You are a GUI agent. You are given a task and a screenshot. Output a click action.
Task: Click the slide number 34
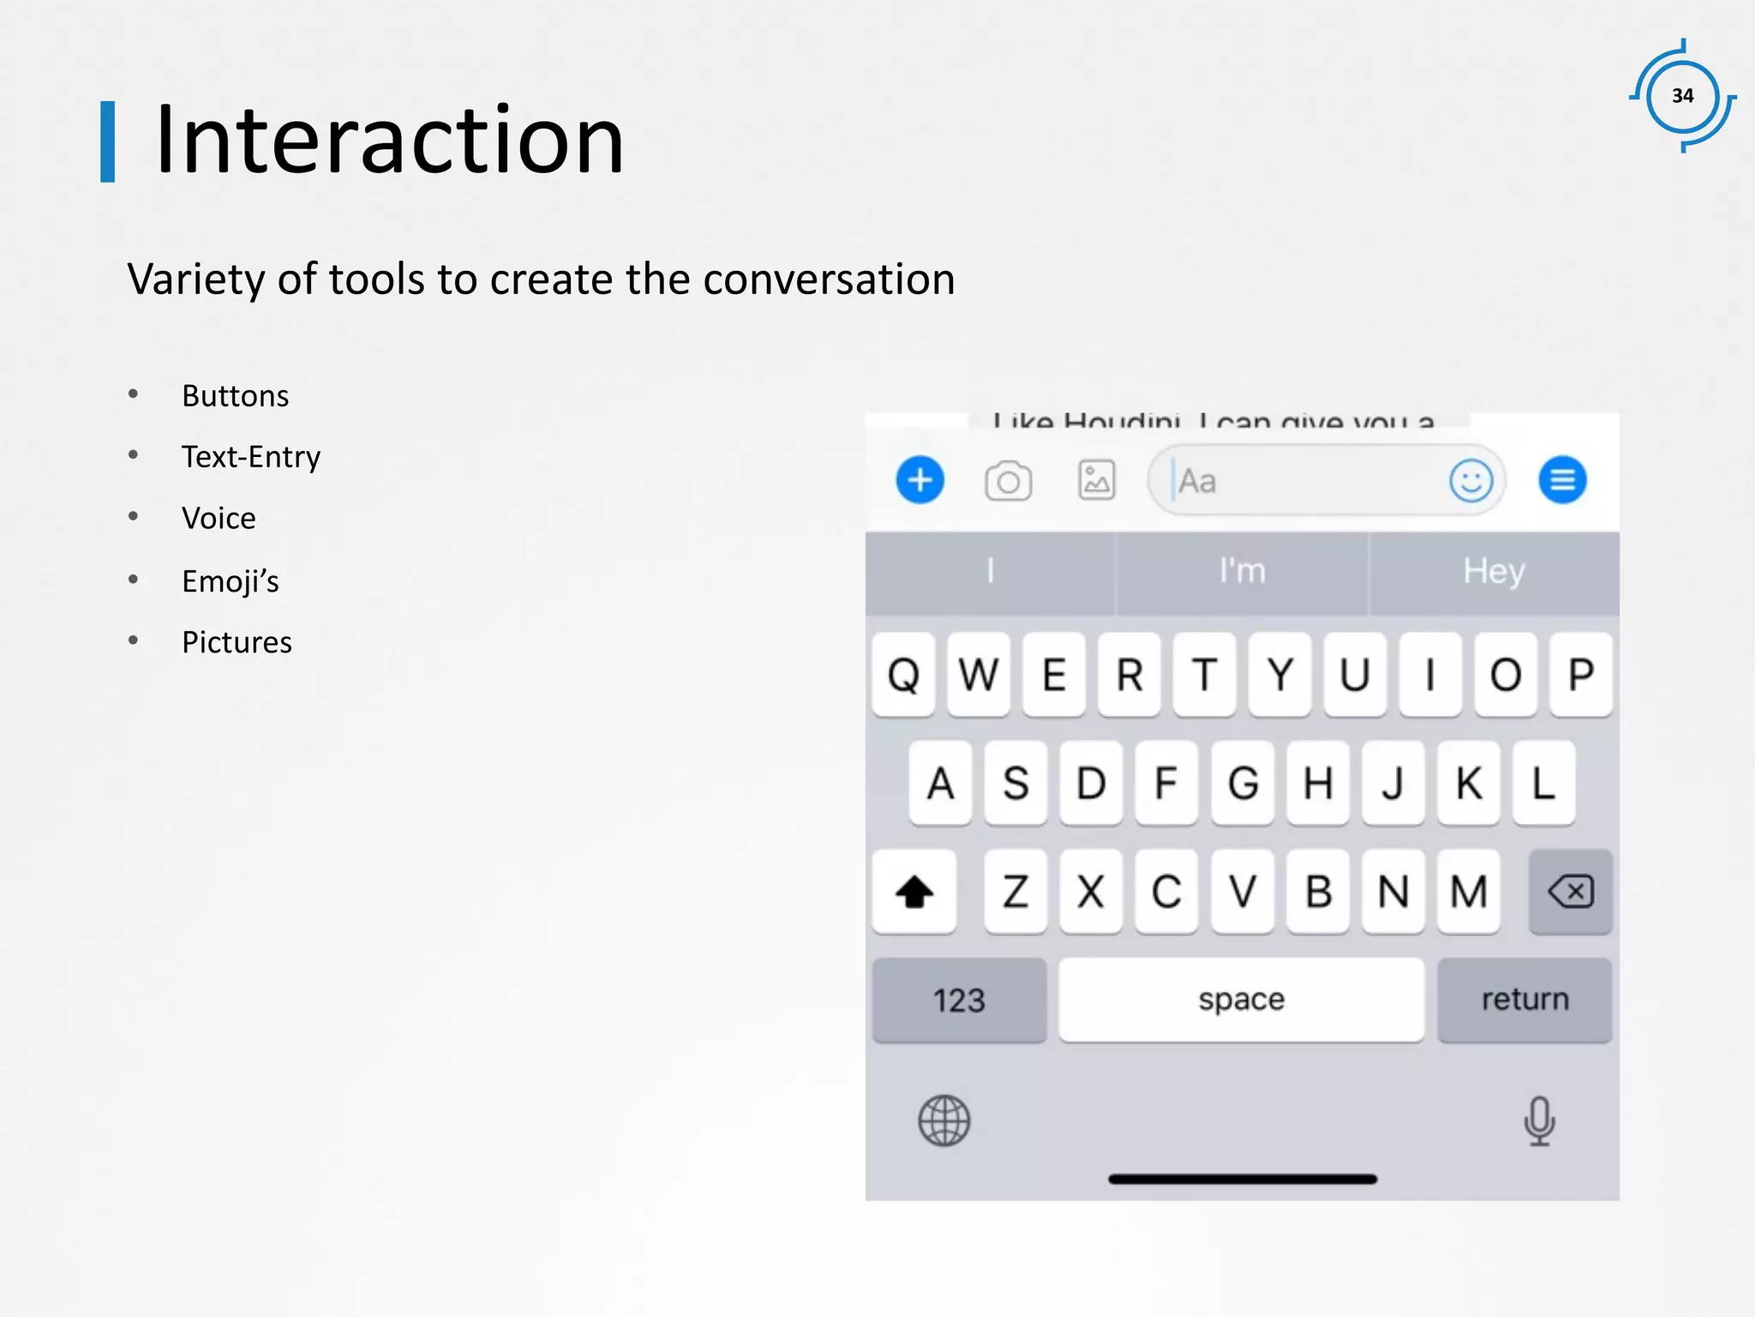1682,96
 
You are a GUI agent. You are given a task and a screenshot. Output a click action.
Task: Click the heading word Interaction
389,141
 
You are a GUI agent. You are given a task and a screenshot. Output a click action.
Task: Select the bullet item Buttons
235,396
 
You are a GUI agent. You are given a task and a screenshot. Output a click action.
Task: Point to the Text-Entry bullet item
250,457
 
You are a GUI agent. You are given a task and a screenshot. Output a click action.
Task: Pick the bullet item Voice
219,519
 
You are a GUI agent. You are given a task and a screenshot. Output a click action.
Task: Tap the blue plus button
919,480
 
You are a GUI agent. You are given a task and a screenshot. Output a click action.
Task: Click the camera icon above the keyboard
1008,481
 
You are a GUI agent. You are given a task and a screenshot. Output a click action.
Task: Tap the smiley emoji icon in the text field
1470,480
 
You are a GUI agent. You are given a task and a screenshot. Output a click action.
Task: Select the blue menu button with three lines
1562,480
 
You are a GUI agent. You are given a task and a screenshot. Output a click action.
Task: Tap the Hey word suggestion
1494,572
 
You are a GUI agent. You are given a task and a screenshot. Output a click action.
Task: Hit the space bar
1241,1000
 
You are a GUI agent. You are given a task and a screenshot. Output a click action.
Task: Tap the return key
1524,1000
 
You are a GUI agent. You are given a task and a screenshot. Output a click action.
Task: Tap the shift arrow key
913,892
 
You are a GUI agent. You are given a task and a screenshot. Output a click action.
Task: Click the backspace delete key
1571,892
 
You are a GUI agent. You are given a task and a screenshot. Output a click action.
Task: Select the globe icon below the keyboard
943,1121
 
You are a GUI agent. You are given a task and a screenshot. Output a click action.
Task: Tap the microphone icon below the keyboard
1539,1121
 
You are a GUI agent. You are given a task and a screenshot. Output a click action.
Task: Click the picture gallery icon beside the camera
1096,480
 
